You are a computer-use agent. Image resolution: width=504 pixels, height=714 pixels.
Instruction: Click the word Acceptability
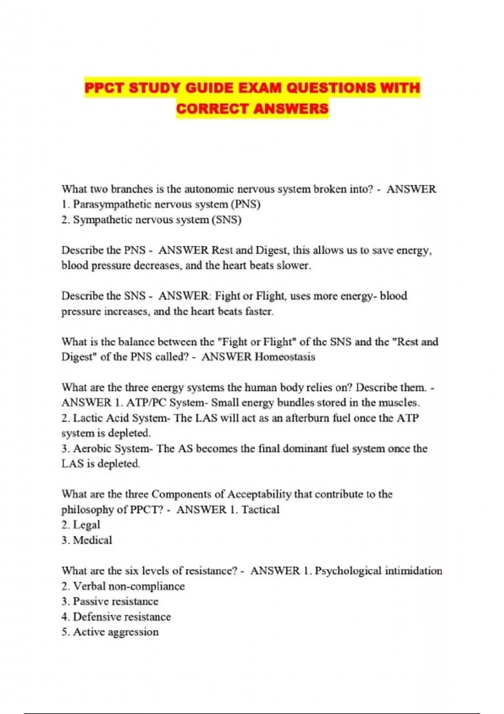tap(259, 494)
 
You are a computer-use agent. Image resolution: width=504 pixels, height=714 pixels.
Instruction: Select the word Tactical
tap(260, 510)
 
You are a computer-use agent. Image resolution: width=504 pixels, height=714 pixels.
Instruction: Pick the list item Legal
tap(87, 525)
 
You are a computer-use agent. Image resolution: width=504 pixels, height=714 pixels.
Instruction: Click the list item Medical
tap(92, 540)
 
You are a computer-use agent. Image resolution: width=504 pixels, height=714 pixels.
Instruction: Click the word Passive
tap(90, 601)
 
